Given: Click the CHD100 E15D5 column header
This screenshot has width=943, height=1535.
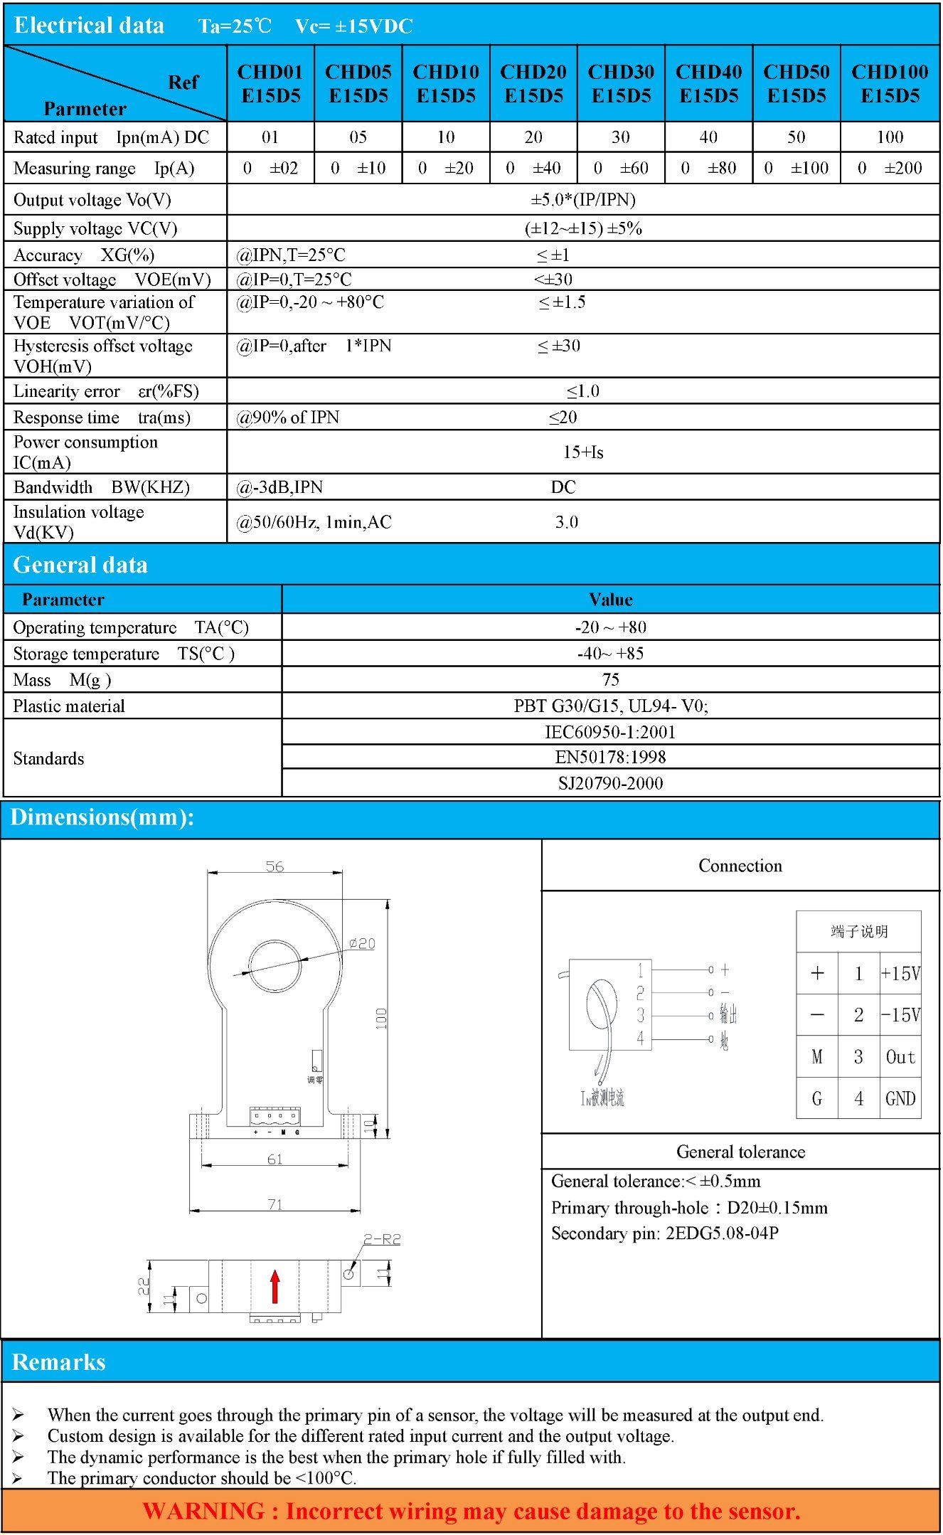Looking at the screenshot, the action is tap(890, 84).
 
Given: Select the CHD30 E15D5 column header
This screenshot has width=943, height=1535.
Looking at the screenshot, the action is tap(621, 84).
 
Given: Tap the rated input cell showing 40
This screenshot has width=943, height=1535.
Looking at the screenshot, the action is tap(708, 137).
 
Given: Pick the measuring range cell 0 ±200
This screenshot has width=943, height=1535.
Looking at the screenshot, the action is tap(890, 169).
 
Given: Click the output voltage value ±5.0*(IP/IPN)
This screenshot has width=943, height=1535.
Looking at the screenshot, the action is tap(583, 200).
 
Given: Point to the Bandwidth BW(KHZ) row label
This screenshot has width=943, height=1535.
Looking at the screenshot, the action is tap(102, 487).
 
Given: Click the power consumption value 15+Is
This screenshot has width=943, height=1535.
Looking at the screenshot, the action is tap(583, 452).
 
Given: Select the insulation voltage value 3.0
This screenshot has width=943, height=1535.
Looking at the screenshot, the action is tap(567, 522).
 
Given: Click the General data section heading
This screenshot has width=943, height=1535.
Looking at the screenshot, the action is tap(80, 565).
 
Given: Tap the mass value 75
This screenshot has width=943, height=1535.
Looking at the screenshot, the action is tap(611, 680).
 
